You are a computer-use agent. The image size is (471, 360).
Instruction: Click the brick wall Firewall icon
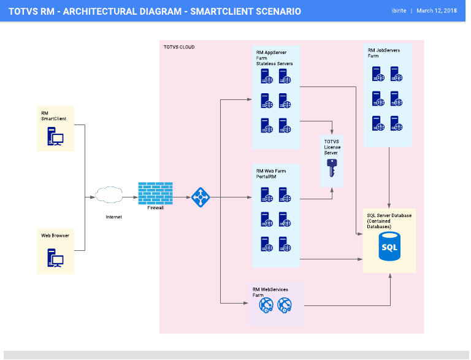point(155,193)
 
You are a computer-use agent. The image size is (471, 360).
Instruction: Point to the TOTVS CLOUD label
point(179,47)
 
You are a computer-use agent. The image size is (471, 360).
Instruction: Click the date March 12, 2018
point(437,11)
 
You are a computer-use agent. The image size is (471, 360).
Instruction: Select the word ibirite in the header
point(400,11)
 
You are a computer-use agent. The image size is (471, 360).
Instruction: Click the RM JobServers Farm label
point(383,53)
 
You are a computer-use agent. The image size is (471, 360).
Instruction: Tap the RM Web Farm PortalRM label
point(270,174)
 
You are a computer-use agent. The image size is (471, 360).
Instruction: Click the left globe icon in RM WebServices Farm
point(266,305)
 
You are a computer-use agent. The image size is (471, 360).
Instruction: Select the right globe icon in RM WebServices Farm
point(284,305)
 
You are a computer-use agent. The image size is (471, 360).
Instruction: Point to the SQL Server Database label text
point(389,221)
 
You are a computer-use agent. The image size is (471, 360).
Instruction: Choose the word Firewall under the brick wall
point(156,208)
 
